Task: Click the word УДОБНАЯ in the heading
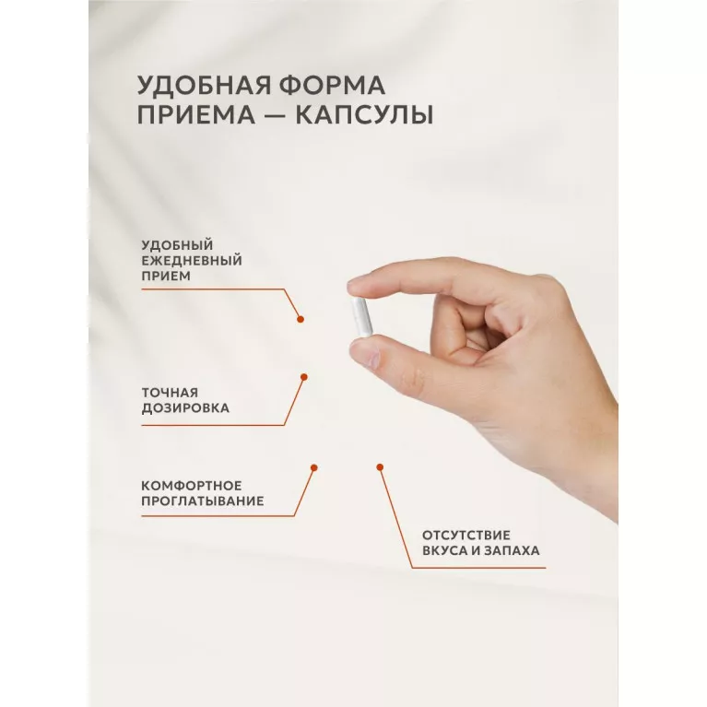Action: pyautogui.click(x=205, y=85)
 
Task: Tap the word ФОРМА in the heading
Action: pyautogui.click(x=332, y=85)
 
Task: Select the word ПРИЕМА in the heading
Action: pyautogui.click(x=196, y=114)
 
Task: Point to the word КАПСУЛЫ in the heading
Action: pyautogui.click(x=364, y=114)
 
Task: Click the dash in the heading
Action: pyautogui.click(x=275, y=115)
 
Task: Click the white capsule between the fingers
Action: pyautogui.click(x=361, y=317)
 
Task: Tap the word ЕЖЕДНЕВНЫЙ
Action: pyautogui.click(x=192, y=261)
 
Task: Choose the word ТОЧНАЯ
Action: pyautogui.click(x=170, y=393)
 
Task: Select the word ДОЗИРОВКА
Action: pyautogui.click(x=185, y=408)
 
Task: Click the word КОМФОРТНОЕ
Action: pyautogui.click(x=192, y=486)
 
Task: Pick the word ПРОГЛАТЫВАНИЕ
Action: pyautogui.click(x=203, y=501)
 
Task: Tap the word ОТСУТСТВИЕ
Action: pyautogui.click(x=466, y=536)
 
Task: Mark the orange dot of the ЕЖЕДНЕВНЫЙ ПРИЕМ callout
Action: pyautogui.click(x=300, y=319)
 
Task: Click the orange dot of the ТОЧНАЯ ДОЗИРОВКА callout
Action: pyautogui.click(x=304, y=377)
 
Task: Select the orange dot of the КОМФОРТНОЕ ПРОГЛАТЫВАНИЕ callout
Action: pyautogui.click(x=314, y=467)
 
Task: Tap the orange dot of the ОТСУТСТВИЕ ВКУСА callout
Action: pyautogui.click(x=380, y=467)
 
